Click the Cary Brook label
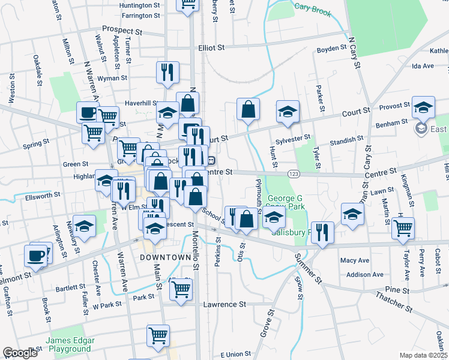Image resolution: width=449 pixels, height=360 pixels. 313,9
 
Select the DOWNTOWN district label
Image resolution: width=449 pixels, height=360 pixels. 147,257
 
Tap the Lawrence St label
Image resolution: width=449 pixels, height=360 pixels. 224,304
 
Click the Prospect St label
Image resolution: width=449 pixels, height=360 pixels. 122,29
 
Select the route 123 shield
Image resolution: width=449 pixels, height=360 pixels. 294,174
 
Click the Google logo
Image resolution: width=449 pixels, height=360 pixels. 20,353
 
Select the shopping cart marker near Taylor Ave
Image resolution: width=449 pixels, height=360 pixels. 403,227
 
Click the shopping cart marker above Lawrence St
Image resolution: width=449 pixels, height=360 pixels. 181,289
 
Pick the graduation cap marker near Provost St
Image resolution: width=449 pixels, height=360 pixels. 423,107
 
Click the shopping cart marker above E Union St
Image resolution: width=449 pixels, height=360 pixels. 158,335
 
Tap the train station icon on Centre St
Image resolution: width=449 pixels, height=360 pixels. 211,161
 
